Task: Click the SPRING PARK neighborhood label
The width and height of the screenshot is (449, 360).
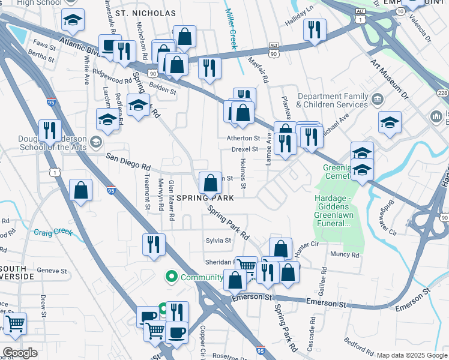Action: click(205, 197)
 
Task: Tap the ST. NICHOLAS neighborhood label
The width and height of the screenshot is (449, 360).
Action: click(146, 13)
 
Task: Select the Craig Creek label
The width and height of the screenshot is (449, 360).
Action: click(53, 232)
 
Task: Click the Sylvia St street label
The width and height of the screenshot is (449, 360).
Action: click(219, 241)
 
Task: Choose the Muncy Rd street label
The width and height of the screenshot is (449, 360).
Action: click(345, 254)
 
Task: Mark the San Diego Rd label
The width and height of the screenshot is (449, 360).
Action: click(128, 161)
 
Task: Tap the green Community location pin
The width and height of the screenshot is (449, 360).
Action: click(172, 277)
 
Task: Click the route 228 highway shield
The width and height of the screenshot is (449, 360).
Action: click(442, 93)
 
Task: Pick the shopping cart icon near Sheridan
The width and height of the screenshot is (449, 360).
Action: click(246, 265)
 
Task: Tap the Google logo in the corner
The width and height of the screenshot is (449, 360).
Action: click(20, 353)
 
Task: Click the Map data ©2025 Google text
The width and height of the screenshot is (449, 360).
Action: click(411, 355)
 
